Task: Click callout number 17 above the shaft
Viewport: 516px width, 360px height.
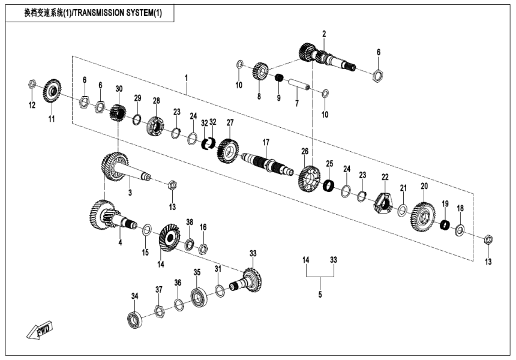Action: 266,142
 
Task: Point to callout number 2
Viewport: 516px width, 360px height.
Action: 323,34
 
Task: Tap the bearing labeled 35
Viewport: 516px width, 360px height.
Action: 199,296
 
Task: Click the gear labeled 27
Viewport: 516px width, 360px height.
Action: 228,148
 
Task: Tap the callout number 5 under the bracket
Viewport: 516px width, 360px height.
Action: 320,295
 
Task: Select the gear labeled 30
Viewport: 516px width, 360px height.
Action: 118,112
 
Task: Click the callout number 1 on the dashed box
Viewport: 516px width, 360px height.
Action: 186,78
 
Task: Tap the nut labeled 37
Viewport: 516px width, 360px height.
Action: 159,311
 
